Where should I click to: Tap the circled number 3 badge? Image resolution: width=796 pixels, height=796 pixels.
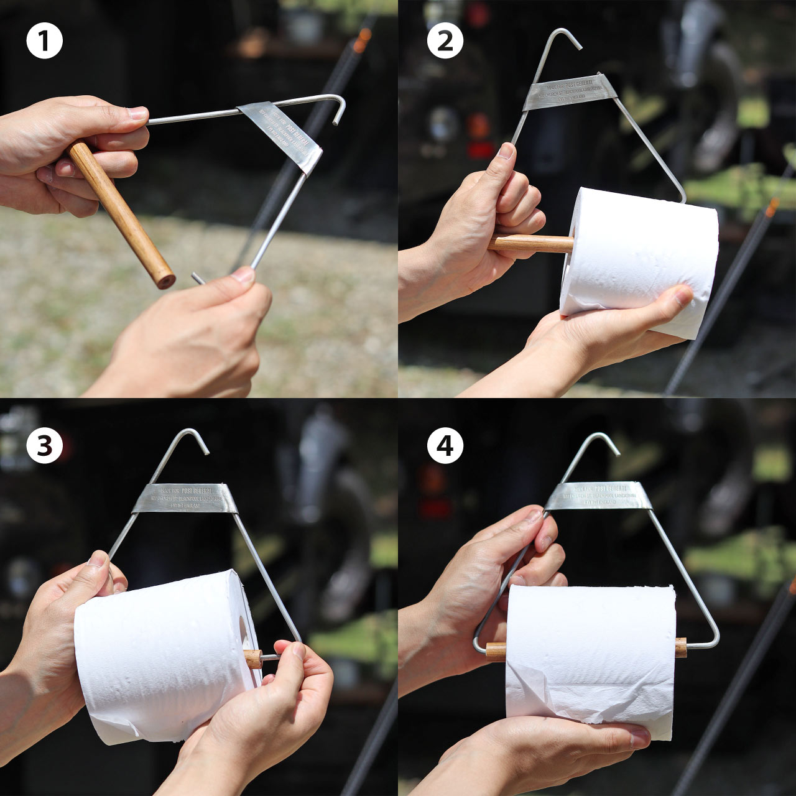pos(45,445)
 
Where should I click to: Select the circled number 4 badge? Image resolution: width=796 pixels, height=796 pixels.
pos(445,445)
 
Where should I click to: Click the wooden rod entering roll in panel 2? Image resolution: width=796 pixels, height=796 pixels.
pos(532,243)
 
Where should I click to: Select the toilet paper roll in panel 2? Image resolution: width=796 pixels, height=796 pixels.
pos(641,261)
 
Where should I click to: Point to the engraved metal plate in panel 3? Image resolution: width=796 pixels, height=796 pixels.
pos(185,497)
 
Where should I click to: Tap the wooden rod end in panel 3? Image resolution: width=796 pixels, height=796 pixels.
pos(253,659)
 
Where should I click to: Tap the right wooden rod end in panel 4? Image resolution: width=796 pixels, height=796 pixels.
pos(681,647)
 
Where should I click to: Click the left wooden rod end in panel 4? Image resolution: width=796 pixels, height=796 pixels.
pos(496,651)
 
